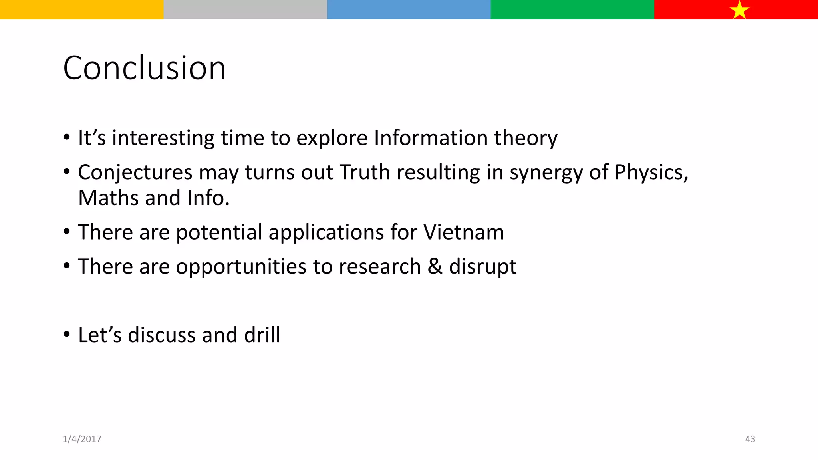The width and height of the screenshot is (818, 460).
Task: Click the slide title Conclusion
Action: click(x=144, y=68)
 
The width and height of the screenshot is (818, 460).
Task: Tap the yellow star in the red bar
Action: click(x=739, y=10)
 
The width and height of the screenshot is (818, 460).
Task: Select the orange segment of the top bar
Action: click(x=81, y=10)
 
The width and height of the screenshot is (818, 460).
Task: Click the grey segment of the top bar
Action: click(x=245, y=10)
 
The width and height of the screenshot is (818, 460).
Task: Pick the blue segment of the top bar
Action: click(x=409, y=10)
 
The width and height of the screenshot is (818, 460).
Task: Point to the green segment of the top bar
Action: click(x=572, y=10)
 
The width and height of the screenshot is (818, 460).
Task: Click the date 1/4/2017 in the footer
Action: click(x=82, y=439)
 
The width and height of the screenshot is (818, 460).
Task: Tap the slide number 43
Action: click(x=750, y=439)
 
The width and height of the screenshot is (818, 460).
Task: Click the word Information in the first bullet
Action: click(x=431, y=138)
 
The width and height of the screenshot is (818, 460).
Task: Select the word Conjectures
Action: click(x=135, y=172)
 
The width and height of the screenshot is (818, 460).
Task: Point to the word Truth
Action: click(x=365, y=172)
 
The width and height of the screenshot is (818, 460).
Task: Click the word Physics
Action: click(x=651, y=172)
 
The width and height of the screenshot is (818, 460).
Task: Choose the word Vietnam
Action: click(x=463, y=232)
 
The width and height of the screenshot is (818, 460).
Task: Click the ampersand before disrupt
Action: click(x=435, y=266)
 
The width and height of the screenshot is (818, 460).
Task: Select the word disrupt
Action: click(x=482, y=267)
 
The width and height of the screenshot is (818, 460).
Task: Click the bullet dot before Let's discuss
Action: click(x=67, y=334)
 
